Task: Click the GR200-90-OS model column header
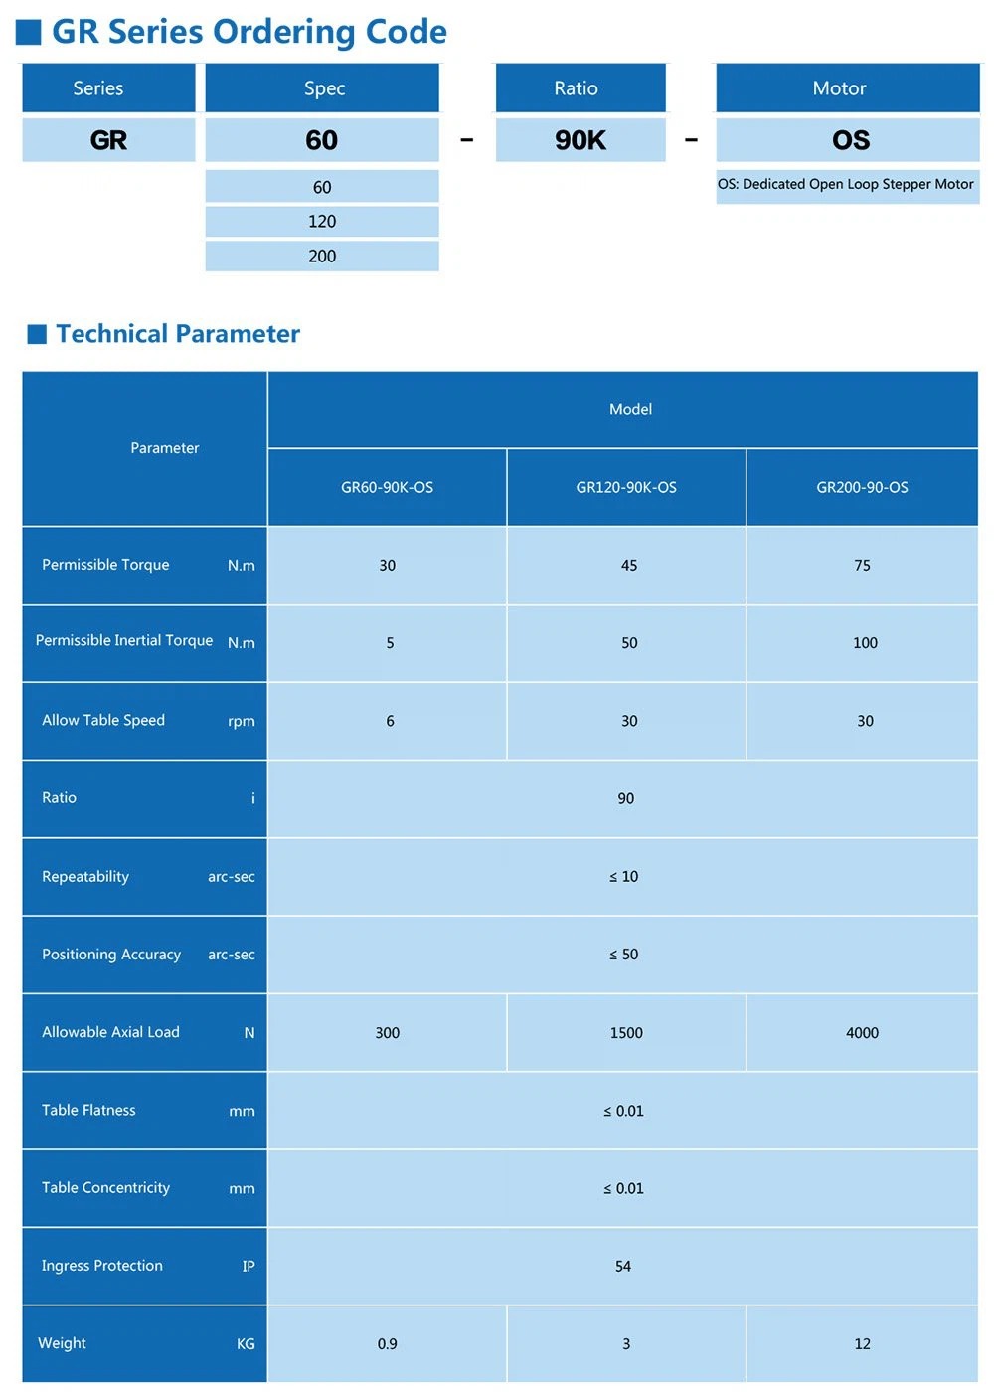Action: (862, 487)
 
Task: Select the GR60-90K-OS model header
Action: (387, 487)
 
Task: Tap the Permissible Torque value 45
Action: (628, 565)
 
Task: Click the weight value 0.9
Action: (387, 1343)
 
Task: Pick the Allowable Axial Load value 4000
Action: (862, 1032)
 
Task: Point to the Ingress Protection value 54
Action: (623, 1266)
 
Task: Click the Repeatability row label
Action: (85, 876)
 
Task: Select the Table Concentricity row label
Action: (105, 1187)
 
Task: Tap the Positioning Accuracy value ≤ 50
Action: (623, 954)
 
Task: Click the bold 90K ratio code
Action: (580, 140)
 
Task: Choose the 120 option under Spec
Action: (322, 221)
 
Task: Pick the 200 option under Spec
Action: (322, 256)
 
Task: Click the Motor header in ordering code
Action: (839, 88)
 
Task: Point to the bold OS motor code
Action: (851, 140)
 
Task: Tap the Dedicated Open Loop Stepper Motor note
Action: (846, 184)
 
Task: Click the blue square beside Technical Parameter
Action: (37, 334)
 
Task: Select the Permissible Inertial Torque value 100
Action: (865, 642)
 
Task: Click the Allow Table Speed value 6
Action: (390, 721)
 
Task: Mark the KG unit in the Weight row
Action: (246, 1343)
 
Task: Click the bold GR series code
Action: (108, 140)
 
